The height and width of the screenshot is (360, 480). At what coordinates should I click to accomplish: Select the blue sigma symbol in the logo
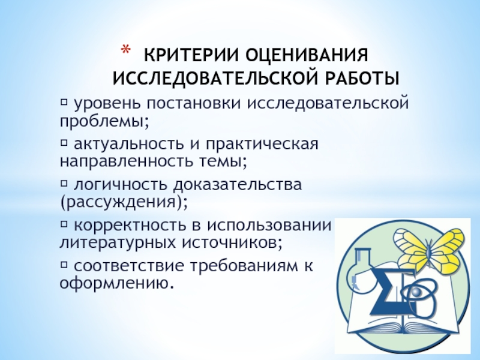384,289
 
